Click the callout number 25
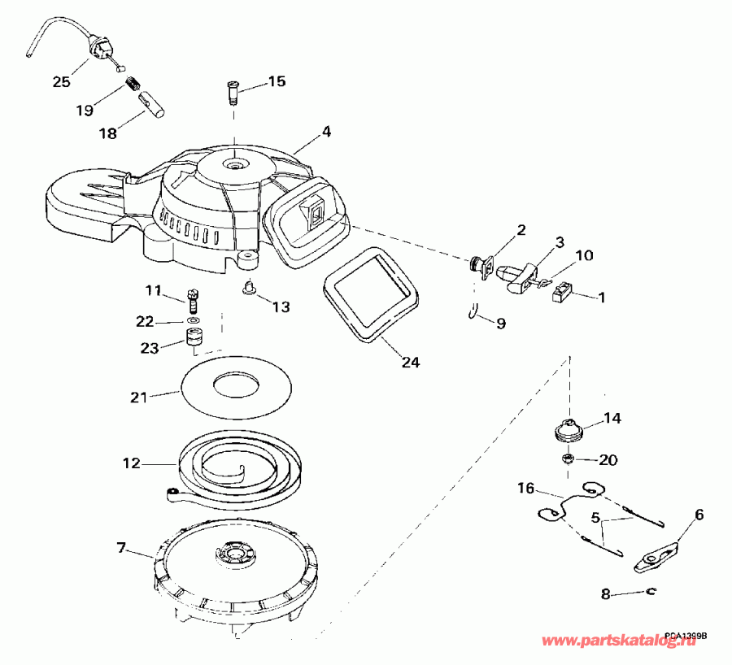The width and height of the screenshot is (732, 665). click(62, 81)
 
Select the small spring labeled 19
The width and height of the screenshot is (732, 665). click(133, 84)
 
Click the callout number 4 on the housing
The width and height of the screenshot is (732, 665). click(326, 131)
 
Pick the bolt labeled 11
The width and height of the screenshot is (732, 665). click(193, 301)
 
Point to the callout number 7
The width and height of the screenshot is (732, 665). click(121, 547)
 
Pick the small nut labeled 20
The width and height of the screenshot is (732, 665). click(569, 459)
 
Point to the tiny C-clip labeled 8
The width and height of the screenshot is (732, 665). click(650, 593)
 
